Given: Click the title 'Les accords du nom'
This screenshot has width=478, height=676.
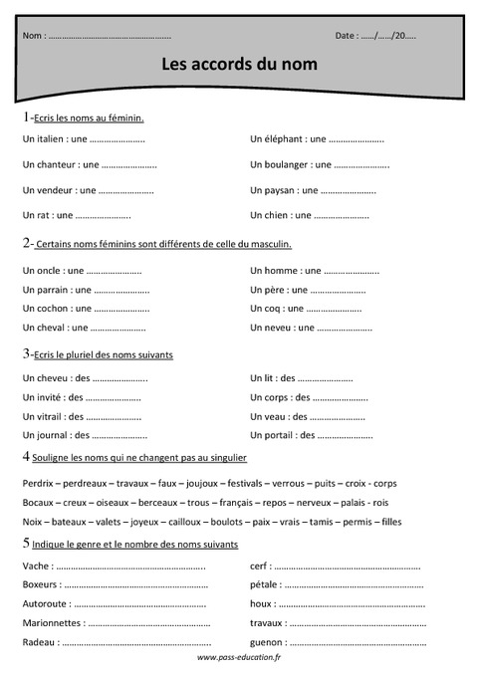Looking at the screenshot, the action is pos(239,64).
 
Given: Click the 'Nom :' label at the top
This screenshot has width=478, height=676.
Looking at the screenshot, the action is pos(33,36).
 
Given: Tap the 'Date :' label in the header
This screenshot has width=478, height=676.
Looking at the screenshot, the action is pos(349,36).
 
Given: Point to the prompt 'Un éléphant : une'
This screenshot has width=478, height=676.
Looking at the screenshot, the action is pos(288,139).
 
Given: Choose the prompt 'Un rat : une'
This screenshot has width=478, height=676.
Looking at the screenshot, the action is pos(47,214).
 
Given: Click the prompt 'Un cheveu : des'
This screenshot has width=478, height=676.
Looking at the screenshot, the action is pos(56,378).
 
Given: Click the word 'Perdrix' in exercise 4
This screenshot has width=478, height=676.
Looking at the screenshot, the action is pos(37,484).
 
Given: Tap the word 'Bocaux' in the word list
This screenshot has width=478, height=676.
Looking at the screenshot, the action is pos(37,503).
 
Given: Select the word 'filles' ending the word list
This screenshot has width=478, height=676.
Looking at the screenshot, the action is pos(390,522).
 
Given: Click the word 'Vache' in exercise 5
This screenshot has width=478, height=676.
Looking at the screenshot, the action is pos(34,565).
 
